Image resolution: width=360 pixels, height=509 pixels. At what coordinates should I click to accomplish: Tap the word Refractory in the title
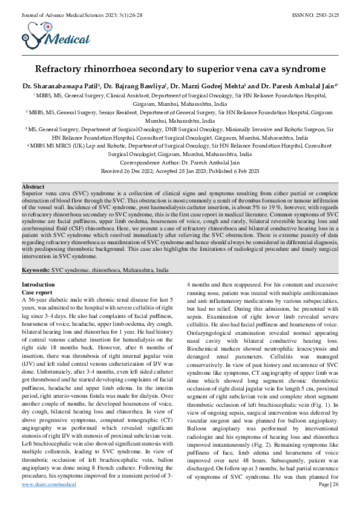point(64,69)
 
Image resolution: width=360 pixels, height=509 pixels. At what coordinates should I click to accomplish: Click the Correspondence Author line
point(180,163)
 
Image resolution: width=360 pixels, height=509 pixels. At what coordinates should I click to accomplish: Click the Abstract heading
point(33,186)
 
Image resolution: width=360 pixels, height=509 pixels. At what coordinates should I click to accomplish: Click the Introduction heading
point(38,284)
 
